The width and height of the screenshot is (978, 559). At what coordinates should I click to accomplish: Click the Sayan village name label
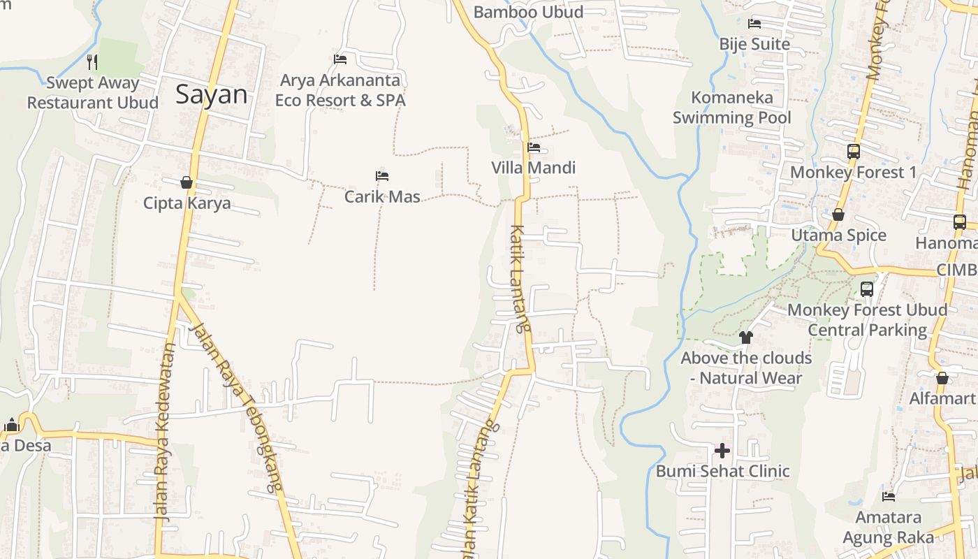coord(211,94)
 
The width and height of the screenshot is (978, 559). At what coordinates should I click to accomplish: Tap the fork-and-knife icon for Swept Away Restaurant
coord(92,61)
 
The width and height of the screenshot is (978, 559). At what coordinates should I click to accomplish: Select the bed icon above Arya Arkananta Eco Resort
coord(340,59)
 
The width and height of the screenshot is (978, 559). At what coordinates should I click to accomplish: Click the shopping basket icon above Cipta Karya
coord(187,182)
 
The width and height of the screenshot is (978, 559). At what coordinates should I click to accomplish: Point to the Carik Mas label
coord(382,196)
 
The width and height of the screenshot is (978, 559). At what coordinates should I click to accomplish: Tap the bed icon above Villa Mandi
coord(534,147)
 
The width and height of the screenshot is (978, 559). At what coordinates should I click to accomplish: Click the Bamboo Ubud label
coord(528,12)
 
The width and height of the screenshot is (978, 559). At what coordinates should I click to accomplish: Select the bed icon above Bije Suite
coord(754,24)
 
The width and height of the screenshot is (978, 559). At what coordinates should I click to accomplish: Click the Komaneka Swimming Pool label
coord(732,108)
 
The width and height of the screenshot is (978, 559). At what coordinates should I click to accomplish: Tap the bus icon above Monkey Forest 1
coord(853,151)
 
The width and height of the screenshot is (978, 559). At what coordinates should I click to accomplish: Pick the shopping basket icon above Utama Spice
coord(838,215)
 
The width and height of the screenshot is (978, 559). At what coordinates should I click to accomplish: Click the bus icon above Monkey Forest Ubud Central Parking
coord(867,289)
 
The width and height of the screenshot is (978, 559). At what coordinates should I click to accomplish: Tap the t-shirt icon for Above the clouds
coord(746,337)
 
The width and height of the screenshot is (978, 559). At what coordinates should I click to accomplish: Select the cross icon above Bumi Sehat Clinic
coord(722,450)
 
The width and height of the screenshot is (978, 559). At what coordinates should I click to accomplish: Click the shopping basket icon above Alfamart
coord(942,378)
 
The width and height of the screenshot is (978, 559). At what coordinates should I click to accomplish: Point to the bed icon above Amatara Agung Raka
coord(889,497)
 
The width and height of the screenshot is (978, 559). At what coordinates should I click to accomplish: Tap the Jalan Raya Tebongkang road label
coord(238,405)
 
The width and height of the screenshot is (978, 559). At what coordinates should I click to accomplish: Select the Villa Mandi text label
coord(534,168)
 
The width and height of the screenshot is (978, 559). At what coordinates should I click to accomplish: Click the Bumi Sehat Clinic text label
coord(722,471)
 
